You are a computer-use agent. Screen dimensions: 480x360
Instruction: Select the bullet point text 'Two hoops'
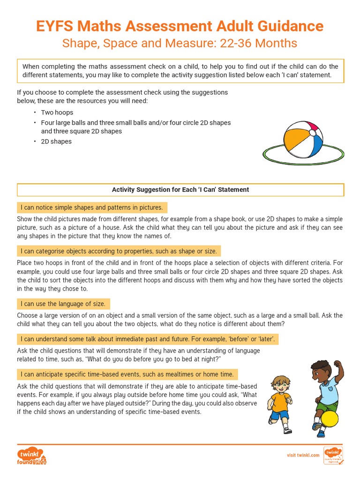click(57, 112)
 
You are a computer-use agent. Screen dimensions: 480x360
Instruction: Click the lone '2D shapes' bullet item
click(56, 142)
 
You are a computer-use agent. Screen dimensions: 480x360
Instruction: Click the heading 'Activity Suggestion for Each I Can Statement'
click(180, 190)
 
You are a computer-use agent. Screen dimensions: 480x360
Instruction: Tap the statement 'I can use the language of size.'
click(63, 304)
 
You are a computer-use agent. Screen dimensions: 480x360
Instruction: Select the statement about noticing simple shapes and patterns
click(92, 208)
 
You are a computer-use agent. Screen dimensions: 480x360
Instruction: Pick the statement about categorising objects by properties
click(119, 251)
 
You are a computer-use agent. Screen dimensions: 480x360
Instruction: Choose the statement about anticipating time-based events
click(127, 374)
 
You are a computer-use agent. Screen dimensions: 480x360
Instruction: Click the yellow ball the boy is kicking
click(330, 419)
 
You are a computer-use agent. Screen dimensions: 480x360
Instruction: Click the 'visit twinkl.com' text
click(303, 455)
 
